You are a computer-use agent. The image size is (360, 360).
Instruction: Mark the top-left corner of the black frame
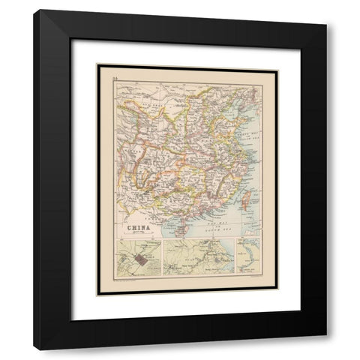pyautogui.click(x=34, y=11)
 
